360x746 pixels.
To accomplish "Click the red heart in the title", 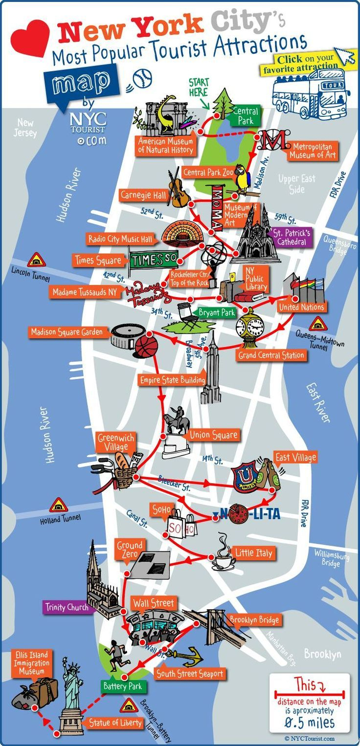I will (x=30, y=38).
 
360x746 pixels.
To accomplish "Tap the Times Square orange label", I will (x=98, y=261).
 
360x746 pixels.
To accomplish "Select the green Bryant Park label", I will (x=216, y=312).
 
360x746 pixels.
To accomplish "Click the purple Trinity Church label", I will (x=67, y=607).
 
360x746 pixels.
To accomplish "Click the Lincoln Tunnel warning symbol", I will (x=36, y=260).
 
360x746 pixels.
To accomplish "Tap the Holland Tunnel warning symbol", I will (x=58, y=505).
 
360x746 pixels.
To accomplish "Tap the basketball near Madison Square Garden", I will (x=146, y=346).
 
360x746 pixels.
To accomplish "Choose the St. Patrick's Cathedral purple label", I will (x=292, y=237).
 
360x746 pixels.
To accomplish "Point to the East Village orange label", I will (x=295, y=458).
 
